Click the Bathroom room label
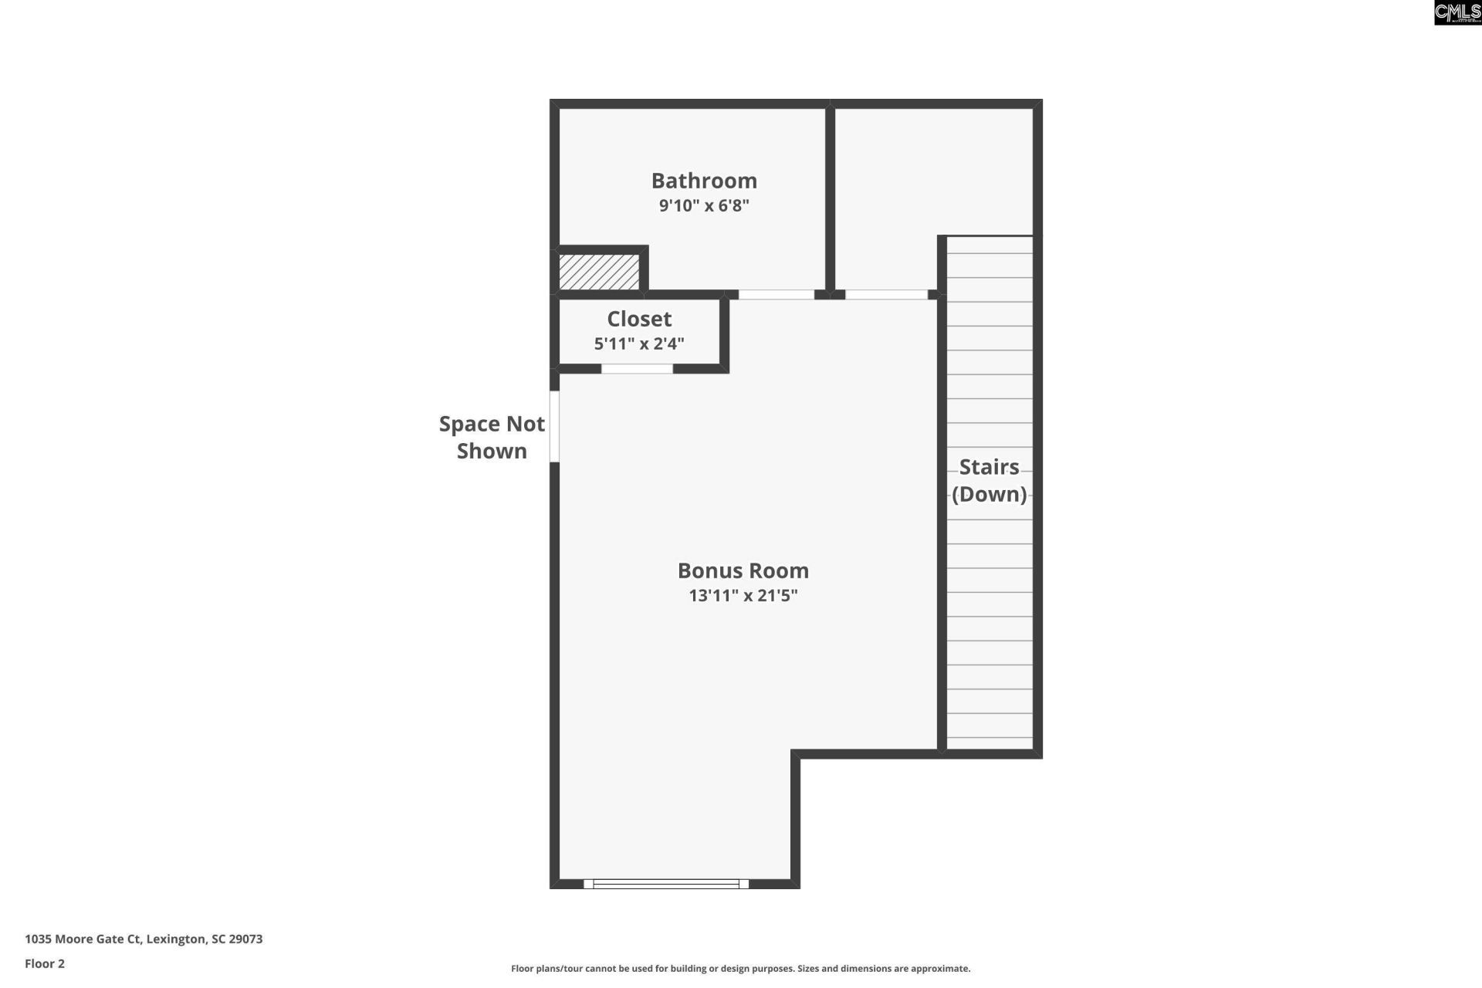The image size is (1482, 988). (704, 181)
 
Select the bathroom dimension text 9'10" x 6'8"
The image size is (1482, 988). (704, 205)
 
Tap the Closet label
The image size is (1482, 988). (639, 319)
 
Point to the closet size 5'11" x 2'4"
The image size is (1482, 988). (639, 343)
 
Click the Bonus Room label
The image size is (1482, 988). (743, 570)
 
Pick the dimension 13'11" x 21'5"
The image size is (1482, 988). (743, 595)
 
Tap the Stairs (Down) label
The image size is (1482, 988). (989, 480)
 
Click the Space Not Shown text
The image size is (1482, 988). (492, 437)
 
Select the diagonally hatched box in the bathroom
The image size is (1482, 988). (599, 272)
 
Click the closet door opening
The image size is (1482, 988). (637, 369)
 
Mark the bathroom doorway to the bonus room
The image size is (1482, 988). (776, 294)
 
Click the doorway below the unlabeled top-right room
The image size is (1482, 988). (886, 294)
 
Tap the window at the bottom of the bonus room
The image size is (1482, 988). (665, 884)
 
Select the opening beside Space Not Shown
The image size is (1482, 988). (554, 426)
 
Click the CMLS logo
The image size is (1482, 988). (1457, 12)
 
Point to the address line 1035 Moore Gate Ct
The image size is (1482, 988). (144, 939)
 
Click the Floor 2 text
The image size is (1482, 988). (45, 963)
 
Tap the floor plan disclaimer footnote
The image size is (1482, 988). (740, 968)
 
